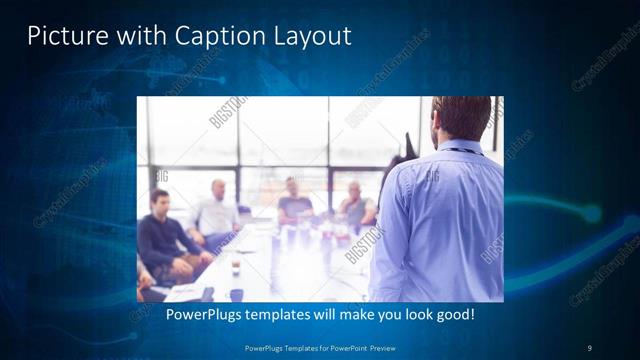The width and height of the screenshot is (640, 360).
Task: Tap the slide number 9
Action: point(589,347)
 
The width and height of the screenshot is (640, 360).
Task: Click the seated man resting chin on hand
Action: point(355,204)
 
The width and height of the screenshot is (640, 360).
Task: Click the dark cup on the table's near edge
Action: point(235,292)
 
